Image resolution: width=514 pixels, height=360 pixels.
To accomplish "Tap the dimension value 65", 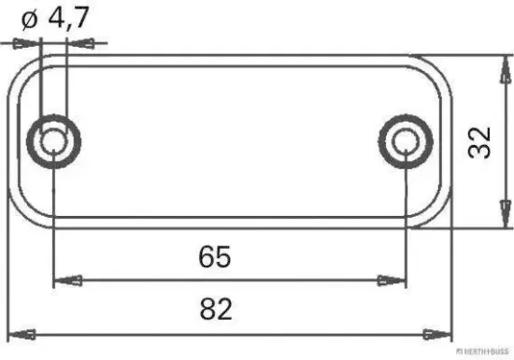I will click(214, 254).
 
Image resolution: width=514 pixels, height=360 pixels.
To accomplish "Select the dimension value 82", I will click(216, 306).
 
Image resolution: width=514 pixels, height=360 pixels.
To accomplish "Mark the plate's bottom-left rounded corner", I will click(26, 214).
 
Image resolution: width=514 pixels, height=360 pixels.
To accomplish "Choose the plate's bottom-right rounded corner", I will click(435, 214).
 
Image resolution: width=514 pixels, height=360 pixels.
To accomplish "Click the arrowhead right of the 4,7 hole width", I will click(80, 43).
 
